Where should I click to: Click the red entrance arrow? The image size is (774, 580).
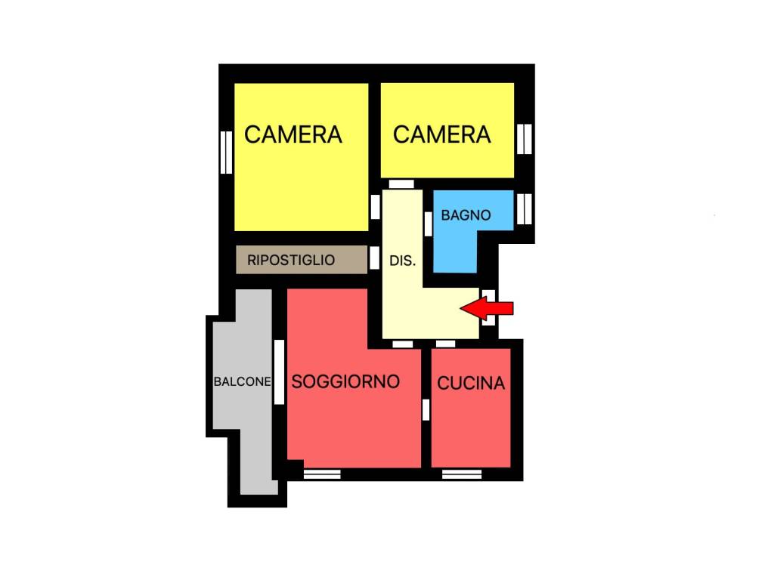coord(486,308)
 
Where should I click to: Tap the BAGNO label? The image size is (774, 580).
coord(466,215)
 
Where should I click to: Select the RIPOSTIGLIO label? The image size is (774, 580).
coord(291,260)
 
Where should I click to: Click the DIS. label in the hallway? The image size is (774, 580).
coord(402,261)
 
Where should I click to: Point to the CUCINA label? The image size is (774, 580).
coord(471,383)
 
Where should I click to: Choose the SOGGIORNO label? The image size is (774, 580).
coord(345,381)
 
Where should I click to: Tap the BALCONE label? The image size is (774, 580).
coord(243,381)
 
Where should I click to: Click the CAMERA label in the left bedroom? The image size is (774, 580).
coord(293,134)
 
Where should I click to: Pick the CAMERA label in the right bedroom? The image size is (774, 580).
coord(441,134)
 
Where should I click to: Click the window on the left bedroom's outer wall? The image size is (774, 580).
coord(226,152)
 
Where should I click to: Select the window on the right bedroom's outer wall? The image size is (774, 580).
coord(525,139)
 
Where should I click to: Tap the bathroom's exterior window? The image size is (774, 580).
coord(525,208)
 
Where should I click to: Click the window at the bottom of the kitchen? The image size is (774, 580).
coord(462,474)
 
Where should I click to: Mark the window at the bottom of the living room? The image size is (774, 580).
coord(322,474)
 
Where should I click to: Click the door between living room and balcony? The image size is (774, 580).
coord(279,372)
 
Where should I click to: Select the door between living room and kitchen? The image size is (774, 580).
coord(426,410)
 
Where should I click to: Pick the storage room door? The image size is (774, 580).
coord(375,258)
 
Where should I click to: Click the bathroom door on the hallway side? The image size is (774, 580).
coord(428,224)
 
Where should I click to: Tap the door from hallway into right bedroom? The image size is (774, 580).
coord(401,184)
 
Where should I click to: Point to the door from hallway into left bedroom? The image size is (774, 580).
coord(375,207)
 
